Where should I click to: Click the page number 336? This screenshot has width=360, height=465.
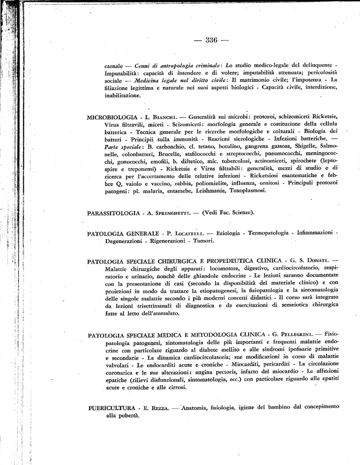[211, 40]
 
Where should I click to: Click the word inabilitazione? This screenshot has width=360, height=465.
[122, 96]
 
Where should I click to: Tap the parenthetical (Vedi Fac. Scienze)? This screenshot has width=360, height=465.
[229, 213]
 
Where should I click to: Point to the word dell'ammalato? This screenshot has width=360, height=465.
[158, 313]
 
